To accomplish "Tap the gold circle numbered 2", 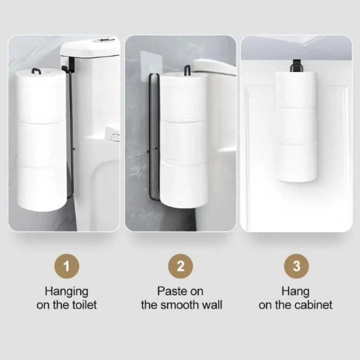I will (181, 267).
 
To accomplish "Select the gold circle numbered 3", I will (296, 267).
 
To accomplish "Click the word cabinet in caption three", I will (313, 305).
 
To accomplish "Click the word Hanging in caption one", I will (66, 291).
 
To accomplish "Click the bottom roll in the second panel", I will (184, 184).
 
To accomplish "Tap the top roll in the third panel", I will (296, 88).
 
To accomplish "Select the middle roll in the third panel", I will (296, 124).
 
